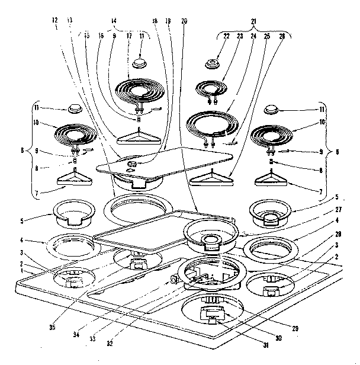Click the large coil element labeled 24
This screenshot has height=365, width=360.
tap(213, 124)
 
